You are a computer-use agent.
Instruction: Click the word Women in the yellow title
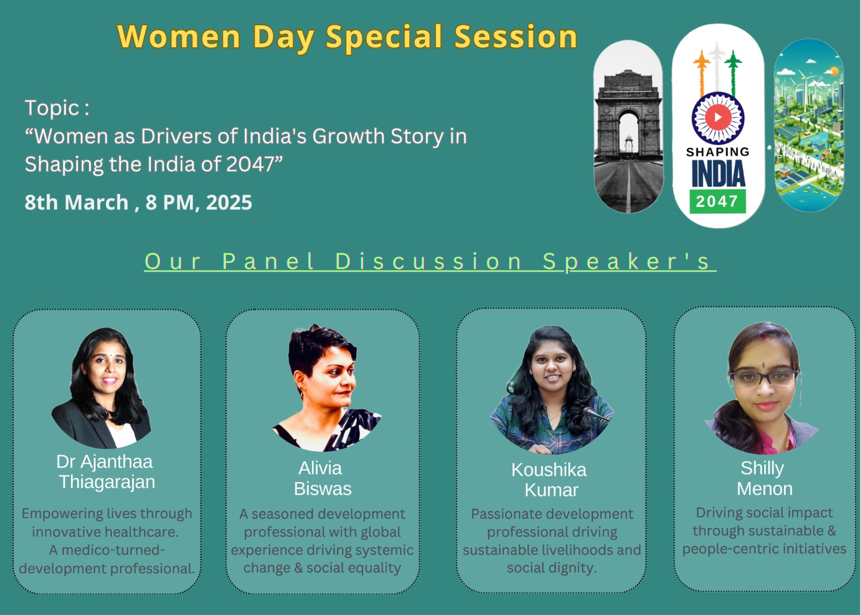point(179,37)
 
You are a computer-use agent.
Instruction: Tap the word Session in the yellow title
point(516,37)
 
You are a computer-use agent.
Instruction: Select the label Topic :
point(57,108)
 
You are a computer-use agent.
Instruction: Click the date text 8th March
point(76,202)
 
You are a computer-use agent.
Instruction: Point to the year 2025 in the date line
point(229,202)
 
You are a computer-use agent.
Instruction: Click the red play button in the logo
point(718,117)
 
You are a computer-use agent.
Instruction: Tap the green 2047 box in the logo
point(717,201)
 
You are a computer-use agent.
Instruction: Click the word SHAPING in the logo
point(718,152)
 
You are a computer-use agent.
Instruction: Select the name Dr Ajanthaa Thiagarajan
point(106,472)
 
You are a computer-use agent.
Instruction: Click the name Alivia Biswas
point(322,478)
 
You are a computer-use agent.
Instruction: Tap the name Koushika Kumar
point(549,480)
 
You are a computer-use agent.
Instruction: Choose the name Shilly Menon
point(764,478)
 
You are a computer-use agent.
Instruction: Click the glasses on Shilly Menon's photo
point(764,378)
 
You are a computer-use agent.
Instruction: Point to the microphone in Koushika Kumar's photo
point(596,414)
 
